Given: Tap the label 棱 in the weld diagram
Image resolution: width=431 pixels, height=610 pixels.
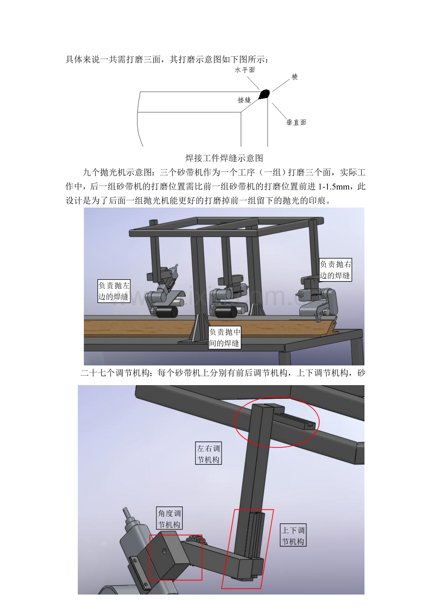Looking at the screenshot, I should (295, 76).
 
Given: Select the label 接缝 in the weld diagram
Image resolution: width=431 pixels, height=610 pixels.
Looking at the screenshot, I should (245, 100).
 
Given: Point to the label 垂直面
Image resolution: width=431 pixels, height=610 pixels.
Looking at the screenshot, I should (297, 123).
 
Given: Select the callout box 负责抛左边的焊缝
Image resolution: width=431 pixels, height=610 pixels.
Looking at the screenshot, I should (113, 291).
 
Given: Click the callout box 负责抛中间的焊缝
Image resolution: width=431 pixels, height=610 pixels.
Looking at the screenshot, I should (225, 338).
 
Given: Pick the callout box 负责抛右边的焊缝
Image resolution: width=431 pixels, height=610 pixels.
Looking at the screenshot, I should (335, 270).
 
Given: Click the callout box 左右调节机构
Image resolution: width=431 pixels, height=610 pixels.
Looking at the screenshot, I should (208, 454).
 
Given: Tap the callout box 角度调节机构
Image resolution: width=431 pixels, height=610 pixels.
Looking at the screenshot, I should (169, 519).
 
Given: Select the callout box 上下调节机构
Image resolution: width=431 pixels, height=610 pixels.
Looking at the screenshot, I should (293, 536).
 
